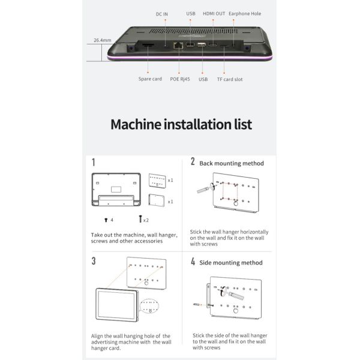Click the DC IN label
pos(162,13)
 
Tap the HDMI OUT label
pos(215,13)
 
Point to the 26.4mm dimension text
pos(103,41)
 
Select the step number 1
pos(94,162)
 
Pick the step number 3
pos(94,261)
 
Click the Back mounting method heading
pos(231,163)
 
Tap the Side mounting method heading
pos(230,262)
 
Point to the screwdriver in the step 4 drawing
pos(235,293)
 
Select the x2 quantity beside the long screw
pos(146,220)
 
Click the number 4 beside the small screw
pos(112,220)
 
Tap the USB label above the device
pos(191,13)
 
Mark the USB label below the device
pos(203,79)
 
